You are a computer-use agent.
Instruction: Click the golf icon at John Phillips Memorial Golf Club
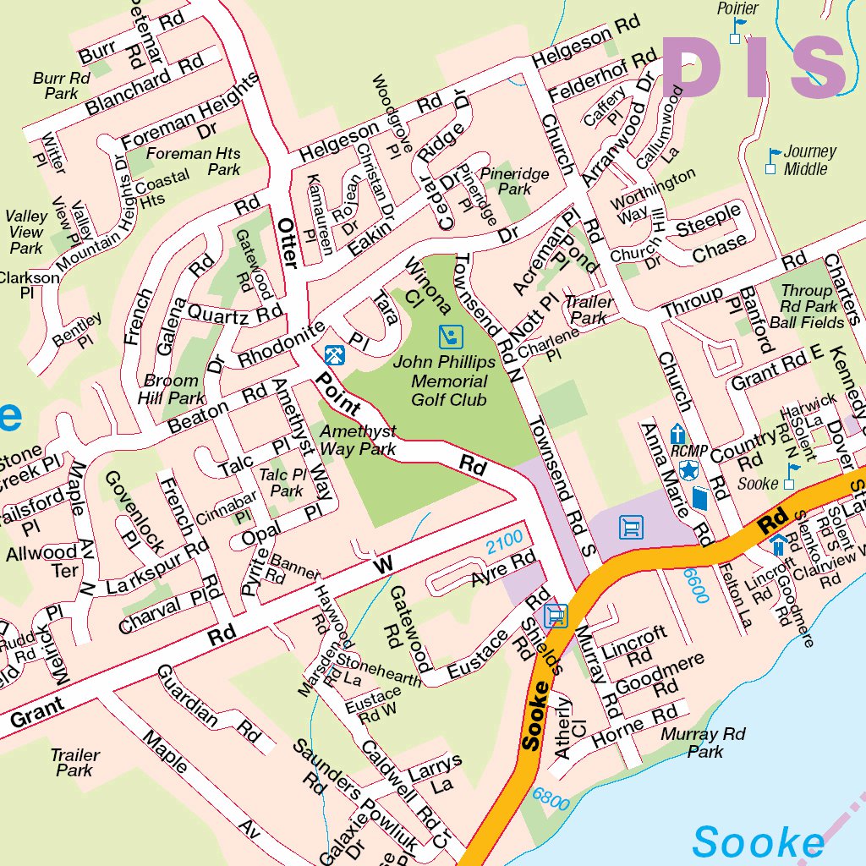[x=452, y=337]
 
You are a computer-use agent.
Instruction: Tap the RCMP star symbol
[x=688, y=470]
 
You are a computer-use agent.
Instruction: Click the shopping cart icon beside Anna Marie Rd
[x=631, y=529]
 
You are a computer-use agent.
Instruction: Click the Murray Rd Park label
[x=704, y=743]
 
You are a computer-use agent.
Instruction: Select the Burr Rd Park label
[x=62, y=85]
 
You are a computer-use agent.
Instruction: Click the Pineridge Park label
[x=514, y=181]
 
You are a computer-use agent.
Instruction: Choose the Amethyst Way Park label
[x=358, y=440]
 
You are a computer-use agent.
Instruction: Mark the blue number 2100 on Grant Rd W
[x=505, y=542]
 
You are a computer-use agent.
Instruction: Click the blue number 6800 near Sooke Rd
[x=551, y=799]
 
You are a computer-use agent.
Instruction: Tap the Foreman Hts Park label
[x=194, y=161]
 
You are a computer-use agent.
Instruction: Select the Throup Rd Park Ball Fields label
[x=806, y=306]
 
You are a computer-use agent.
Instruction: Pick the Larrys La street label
[x=435, y=773]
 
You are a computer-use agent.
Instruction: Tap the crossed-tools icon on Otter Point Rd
[x=335, y=354]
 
